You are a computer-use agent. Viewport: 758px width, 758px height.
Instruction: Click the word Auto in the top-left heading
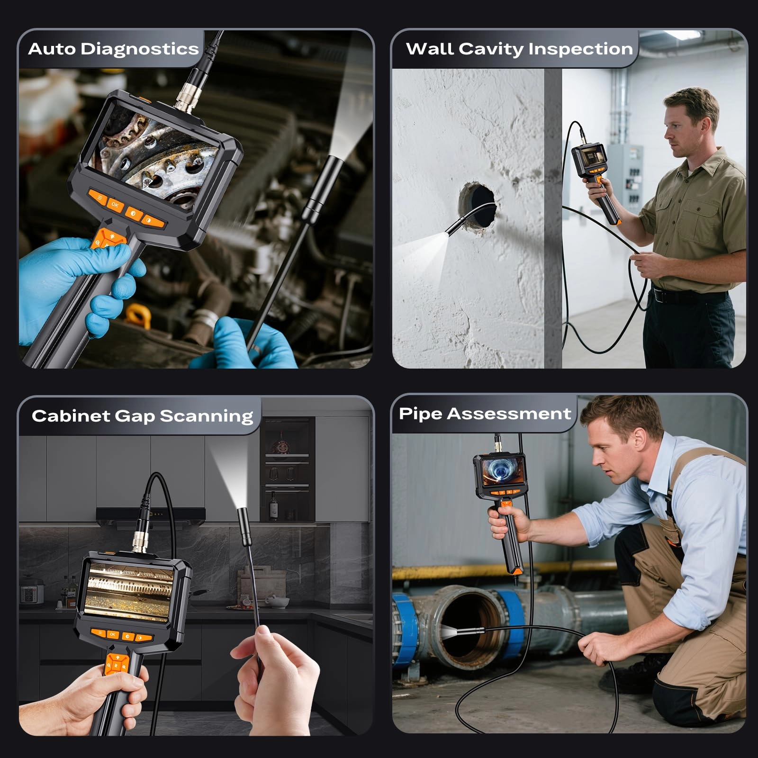tap(52, 49)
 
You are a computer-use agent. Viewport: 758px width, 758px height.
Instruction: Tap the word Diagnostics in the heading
tap(140, 49)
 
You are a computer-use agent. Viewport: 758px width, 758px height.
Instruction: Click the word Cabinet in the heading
tap(71, 416)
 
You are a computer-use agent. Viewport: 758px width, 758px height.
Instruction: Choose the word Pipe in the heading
tap(420, 414)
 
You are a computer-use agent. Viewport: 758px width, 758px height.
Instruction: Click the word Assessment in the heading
tap(509, 414)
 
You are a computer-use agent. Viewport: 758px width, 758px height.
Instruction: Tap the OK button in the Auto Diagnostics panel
tap(115, 205)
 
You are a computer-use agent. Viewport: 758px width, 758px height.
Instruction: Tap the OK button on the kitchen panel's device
tap(113, 634)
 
